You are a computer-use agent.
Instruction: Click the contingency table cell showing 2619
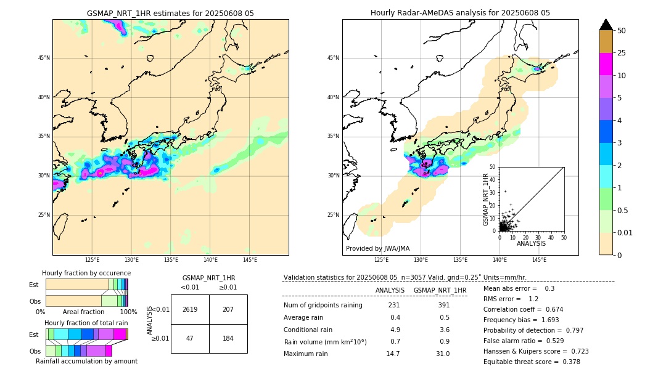[x=190, y=309]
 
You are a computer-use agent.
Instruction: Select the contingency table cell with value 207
[x=228, y=309]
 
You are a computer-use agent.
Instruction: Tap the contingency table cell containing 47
[x=190, y=339]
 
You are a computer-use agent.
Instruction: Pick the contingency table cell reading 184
[x=228, y=339]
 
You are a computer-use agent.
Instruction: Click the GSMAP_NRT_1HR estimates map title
[x=170, y=13]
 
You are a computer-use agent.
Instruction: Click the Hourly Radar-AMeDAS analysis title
[x=460, y=13]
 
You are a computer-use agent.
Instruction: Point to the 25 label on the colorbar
[x=622, y=54]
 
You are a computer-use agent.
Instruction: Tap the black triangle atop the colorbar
[x=606, y=25]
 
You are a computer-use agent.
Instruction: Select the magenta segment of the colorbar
[x=606, y=64]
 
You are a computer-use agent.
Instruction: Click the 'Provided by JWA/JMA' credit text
[x=377, y=249]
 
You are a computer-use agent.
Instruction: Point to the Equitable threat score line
[x=532, y=362]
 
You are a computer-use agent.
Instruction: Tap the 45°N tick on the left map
[x=43, y=58]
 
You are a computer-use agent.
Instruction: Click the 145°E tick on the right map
[x=539, y=260]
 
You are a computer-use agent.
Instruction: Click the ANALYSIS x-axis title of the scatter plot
[x=531, y=243]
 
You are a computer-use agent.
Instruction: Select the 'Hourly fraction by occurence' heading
[x=86, y=273]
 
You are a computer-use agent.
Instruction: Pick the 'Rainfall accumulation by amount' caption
[x=91, y=361]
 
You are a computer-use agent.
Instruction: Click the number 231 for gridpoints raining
[x=394, y=306]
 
